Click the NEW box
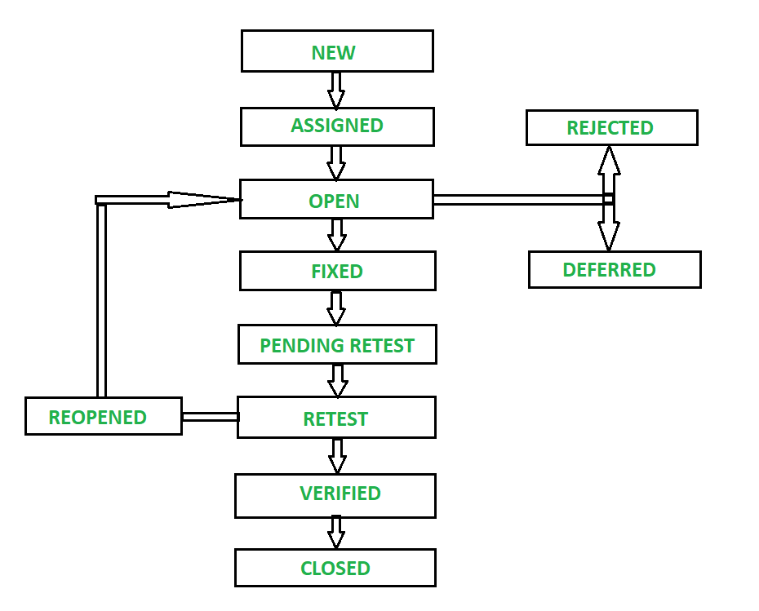tap(336, 51)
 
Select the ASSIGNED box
tap(336, 126)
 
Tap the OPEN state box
tap(336, 200)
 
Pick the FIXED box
tap(337, 271)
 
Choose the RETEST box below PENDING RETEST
tap(336, 418)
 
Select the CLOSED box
tap(335, 568)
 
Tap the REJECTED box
tap(611, 128)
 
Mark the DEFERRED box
tap(614, 270)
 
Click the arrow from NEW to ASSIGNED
tap(336, 90)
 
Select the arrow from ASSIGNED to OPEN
tap(336, 162)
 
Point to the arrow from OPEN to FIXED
tap(336, 235)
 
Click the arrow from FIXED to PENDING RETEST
tap(336, 308)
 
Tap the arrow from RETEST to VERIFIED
tap(336, 456)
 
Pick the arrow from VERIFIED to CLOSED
tap(336, 533)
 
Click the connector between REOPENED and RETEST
tap(210, 417)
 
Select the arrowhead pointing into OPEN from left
tap(204, 200)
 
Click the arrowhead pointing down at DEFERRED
tap(608, 236)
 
